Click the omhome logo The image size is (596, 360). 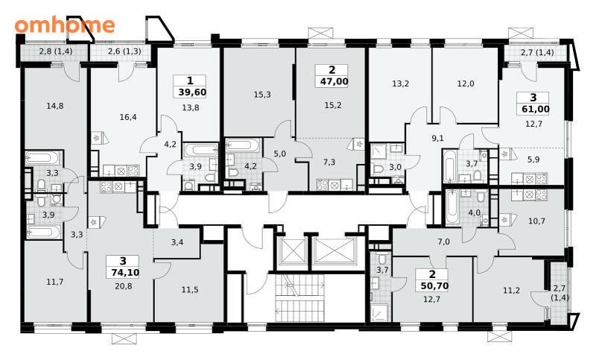coord(65,25)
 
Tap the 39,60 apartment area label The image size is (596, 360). coord(192,92)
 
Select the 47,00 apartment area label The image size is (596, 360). coord(332,81)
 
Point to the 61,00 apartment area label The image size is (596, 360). coord(533,109)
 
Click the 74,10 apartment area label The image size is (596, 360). coord(123,272)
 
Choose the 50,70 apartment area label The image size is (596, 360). coord(433,286)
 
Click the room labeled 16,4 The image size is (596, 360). coord(128,117)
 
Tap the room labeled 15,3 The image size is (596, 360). coord(262,94)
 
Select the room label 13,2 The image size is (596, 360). coord(401,83)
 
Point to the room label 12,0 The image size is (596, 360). coord(466,83)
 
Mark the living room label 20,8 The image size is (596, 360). coord(124,286)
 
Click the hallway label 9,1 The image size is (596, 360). coord(438,139)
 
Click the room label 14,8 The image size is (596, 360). coord(55,106)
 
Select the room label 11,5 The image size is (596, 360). coord(190,290)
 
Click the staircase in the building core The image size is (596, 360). coord(300,298)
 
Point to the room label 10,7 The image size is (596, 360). coord(536,221)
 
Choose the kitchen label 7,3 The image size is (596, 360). coord(329,162)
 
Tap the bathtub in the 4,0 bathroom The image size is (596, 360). coord(451,207)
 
